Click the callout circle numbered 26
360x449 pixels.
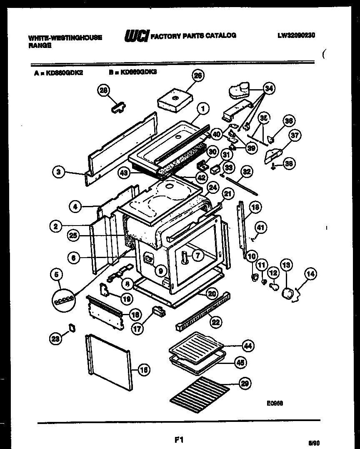198,75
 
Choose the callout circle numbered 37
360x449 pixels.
295,135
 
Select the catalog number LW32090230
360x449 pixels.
296,36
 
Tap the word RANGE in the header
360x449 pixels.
40,46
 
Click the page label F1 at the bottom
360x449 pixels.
179,439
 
